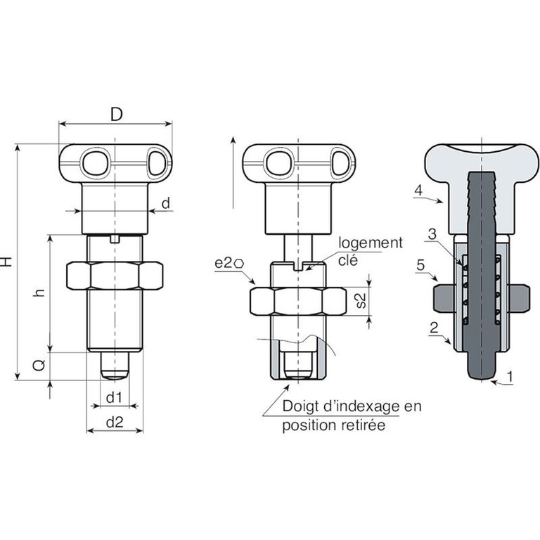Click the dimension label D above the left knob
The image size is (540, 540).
(x=117, y=115)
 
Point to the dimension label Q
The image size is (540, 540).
(x=39, y=365)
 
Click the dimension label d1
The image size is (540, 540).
(x=114, y=398)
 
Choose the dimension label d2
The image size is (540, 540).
(x=115, y=422)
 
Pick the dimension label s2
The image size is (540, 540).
(x=360, y=300)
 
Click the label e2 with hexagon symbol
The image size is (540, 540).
(x=229, y=264)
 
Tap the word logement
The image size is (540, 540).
(x=371, y=243)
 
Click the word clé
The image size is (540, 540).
(x=348, y=260)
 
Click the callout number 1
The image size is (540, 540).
(x=510, y=376)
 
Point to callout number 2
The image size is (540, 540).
(x=434, y=328)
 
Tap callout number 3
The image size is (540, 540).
(x=432, y=235)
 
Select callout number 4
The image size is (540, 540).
(x=418, y=191)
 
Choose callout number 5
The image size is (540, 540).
(x=420, y=265)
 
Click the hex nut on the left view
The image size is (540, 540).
(x=115, y=276)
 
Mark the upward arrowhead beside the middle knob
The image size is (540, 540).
(x=233, y=140)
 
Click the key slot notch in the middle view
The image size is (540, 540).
(x=298, y=266)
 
